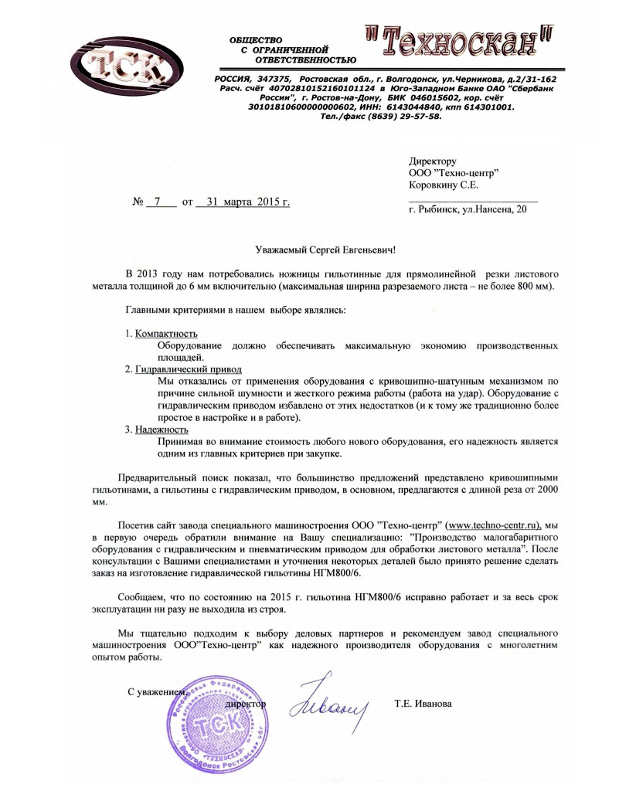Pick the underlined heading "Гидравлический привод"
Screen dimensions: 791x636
coord(189,369)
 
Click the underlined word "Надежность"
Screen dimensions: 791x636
coord(161,429)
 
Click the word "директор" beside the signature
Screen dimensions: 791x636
coord(245,704)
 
